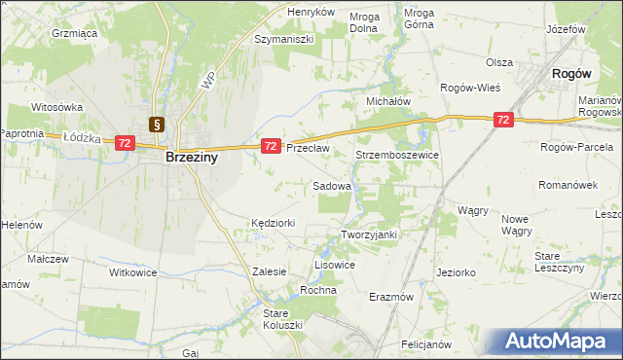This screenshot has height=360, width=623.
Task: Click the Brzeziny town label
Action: click(191, 156)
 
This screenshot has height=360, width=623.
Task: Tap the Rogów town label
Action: click(572, 73)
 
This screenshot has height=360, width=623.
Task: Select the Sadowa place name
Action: click(331, 184)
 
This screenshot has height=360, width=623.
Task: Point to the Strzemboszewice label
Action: click(397, 155)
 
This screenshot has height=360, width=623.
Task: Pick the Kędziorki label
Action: click(273, 223)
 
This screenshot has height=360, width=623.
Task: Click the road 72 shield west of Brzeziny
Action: click(124, 143)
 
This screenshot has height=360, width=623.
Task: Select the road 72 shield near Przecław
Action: click(272, 146)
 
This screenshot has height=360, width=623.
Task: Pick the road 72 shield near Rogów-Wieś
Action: click(502, 120)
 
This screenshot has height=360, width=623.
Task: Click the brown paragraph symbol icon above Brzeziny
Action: click(156, 124)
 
